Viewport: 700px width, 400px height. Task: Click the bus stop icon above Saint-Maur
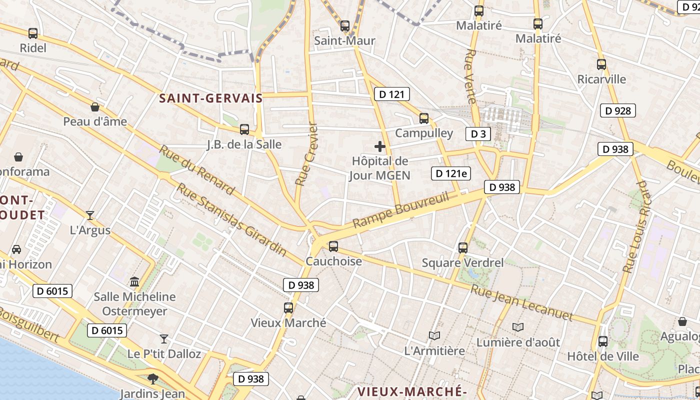(x=345, y=26)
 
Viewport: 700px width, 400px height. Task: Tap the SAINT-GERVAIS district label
(x=211, y=98)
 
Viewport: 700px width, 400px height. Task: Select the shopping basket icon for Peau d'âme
(x=95, y=107)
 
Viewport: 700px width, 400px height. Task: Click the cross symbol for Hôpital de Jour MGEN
(x=380, y=146)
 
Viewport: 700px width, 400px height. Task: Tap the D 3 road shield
(x=478, y=133)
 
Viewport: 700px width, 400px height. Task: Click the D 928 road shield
(x=617, y=110)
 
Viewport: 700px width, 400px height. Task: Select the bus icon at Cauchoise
(x=333, y=246)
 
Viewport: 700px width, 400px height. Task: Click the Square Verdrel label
(x=462, y=262)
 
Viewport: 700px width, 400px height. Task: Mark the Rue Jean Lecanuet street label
(x=521, y=302)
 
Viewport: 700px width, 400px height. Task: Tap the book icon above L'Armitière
(x=434, y=336)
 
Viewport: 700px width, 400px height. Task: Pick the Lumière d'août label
(x=518, y=342)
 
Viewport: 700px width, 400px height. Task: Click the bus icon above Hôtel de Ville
(x=603, y=341)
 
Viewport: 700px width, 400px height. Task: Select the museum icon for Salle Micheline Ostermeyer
(x=134, y=282)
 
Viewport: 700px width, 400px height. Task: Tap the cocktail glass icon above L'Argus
(x=90, y=215)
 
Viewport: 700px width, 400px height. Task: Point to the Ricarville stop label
(x=601, y=79)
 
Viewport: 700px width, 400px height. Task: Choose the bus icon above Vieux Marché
(x=288, y=308)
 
